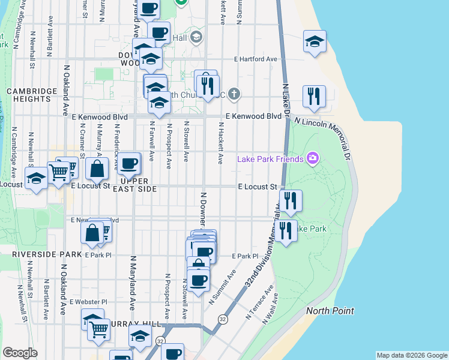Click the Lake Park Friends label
tap(271, 159)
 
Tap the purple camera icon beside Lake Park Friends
tap(312, 158)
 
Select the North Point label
tap(330, 311)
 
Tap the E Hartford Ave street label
tap(256, 59)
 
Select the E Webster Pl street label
tap(88, 302)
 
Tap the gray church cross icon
tap(235, 94)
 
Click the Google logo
tap(20, 353)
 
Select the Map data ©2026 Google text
tap(411, 355)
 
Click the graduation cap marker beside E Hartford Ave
tap(315, 41)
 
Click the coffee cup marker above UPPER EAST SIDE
tap(128, 163)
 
